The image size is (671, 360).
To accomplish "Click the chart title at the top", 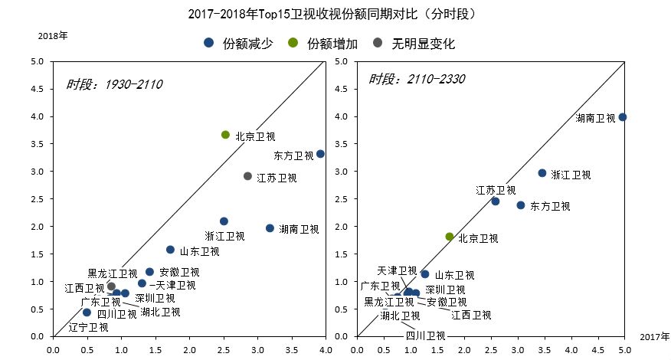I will coord(335,14).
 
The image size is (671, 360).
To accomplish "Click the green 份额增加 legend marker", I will coord(293,44).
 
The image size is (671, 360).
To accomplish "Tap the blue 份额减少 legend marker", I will coord(208,44).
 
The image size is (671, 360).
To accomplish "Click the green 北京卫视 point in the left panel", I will coord(225,135).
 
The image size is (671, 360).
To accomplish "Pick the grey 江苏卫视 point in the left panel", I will coord(247,176).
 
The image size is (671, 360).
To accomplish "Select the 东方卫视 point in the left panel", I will coord(320,154).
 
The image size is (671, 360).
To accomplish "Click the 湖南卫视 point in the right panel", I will coord(623,117).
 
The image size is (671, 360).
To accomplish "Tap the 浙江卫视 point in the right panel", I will coord(542,173).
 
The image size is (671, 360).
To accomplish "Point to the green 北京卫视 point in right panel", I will coord(450,237).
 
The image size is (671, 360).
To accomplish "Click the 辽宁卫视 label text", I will coord(88,327).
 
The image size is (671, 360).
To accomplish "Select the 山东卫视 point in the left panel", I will coord(170,250).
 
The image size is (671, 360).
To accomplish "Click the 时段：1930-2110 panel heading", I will coord(113,83).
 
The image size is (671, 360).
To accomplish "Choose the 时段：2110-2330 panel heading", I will coord(417,80).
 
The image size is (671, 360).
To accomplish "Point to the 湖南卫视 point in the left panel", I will coord(270,228).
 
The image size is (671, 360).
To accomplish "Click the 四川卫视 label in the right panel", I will coord(425,335).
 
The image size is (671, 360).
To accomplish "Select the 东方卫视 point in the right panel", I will coord(521,205).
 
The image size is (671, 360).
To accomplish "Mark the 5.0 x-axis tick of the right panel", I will coord(624,349).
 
